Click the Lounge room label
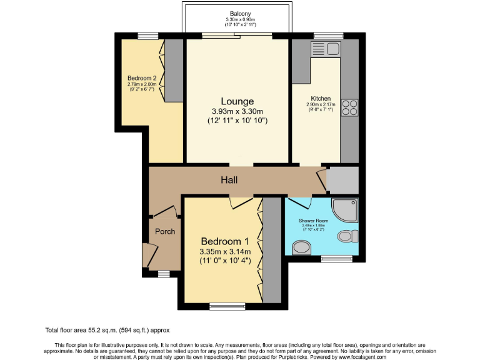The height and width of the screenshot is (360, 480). [237, 101]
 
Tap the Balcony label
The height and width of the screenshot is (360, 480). [237, 13]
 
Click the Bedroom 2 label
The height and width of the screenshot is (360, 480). [141, 78]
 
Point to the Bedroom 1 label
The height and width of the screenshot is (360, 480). [225, 242]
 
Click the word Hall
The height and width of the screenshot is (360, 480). [229, 180]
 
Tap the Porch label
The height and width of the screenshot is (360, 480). [165, 231]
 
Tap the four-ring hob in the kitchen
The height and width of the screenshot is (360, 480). [349, 107]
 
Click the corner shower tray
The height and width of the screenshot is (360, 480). [347, 211]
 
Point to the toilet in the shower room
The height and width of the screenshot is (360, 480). [347, 236]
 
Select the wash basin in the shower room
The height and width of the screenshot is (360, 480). [301, 248]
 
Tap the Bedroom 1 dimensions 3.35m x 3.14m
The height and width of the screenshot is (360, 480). [225, 252]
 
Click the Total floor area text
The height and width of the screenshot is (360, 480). [107, 329]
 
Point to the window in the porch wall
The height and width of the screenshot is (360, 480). [164, 273]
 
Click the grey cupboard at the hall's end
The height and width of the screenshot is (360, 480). [342, 180]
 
